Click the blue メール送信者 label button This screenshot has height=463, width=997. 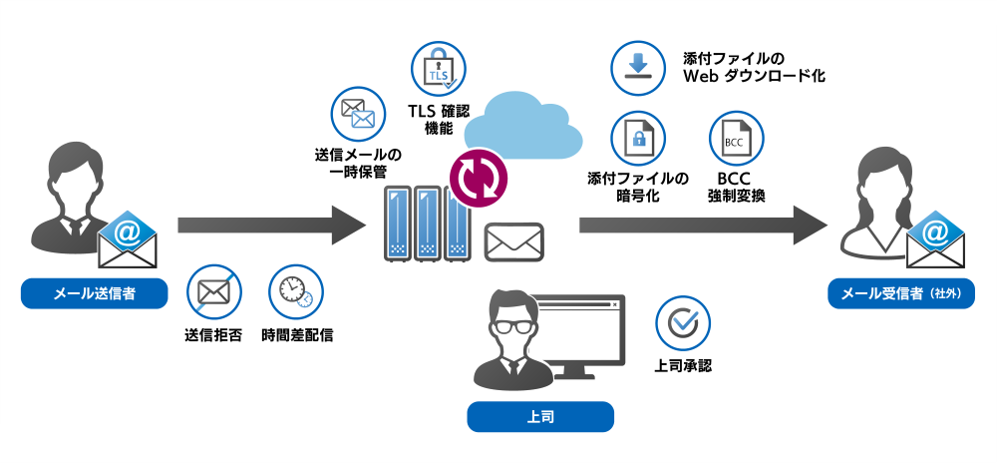pyautogui.click(x=95, y=294)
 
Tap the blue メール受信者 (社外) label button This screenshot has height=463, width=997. pyautogui.click(x=900, y=294)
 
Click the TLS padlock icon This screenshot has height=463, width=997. pyautogui.click(x=439, y=69)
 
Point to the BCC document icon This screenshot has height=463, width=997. pyautogui.click(x=735, y=140)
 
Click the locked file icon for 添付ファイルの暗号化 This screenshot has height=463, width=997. pyautogui.click(x=638, y=140)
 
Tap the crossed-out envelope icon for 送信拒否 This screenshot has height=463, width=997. pyautogui.click(x=213, y=291)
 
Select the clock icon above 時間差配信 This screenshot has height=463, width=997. pyautogui.click(x=296, y=291)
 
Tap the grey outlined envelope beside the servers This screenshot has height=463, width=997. pyautogui.click(x=513, y=242)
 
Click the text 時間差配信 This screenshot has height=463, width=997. pyautogui.click(x=297, y=335)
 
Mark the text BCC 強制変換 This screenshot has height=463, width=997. pyautogui.click(x=735, y=187)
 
